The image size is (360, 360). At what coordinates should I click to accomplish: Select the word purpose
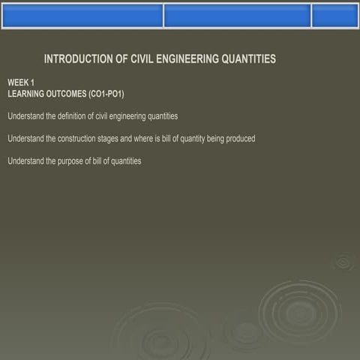pos(73,161)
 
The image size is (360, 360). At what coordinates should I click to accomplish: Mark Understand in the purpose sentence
pos(24,161)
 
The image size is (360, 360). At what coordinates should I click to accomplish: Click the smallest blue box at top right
pos(334,16)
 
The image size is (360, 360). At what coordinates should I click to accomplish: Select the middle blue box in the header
pos(236,16)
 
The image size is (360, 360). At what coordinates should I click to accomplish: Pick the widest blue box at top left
pos(82,16)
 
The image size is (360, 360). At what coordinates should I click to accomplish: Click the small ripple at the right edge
pos(343,261)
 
